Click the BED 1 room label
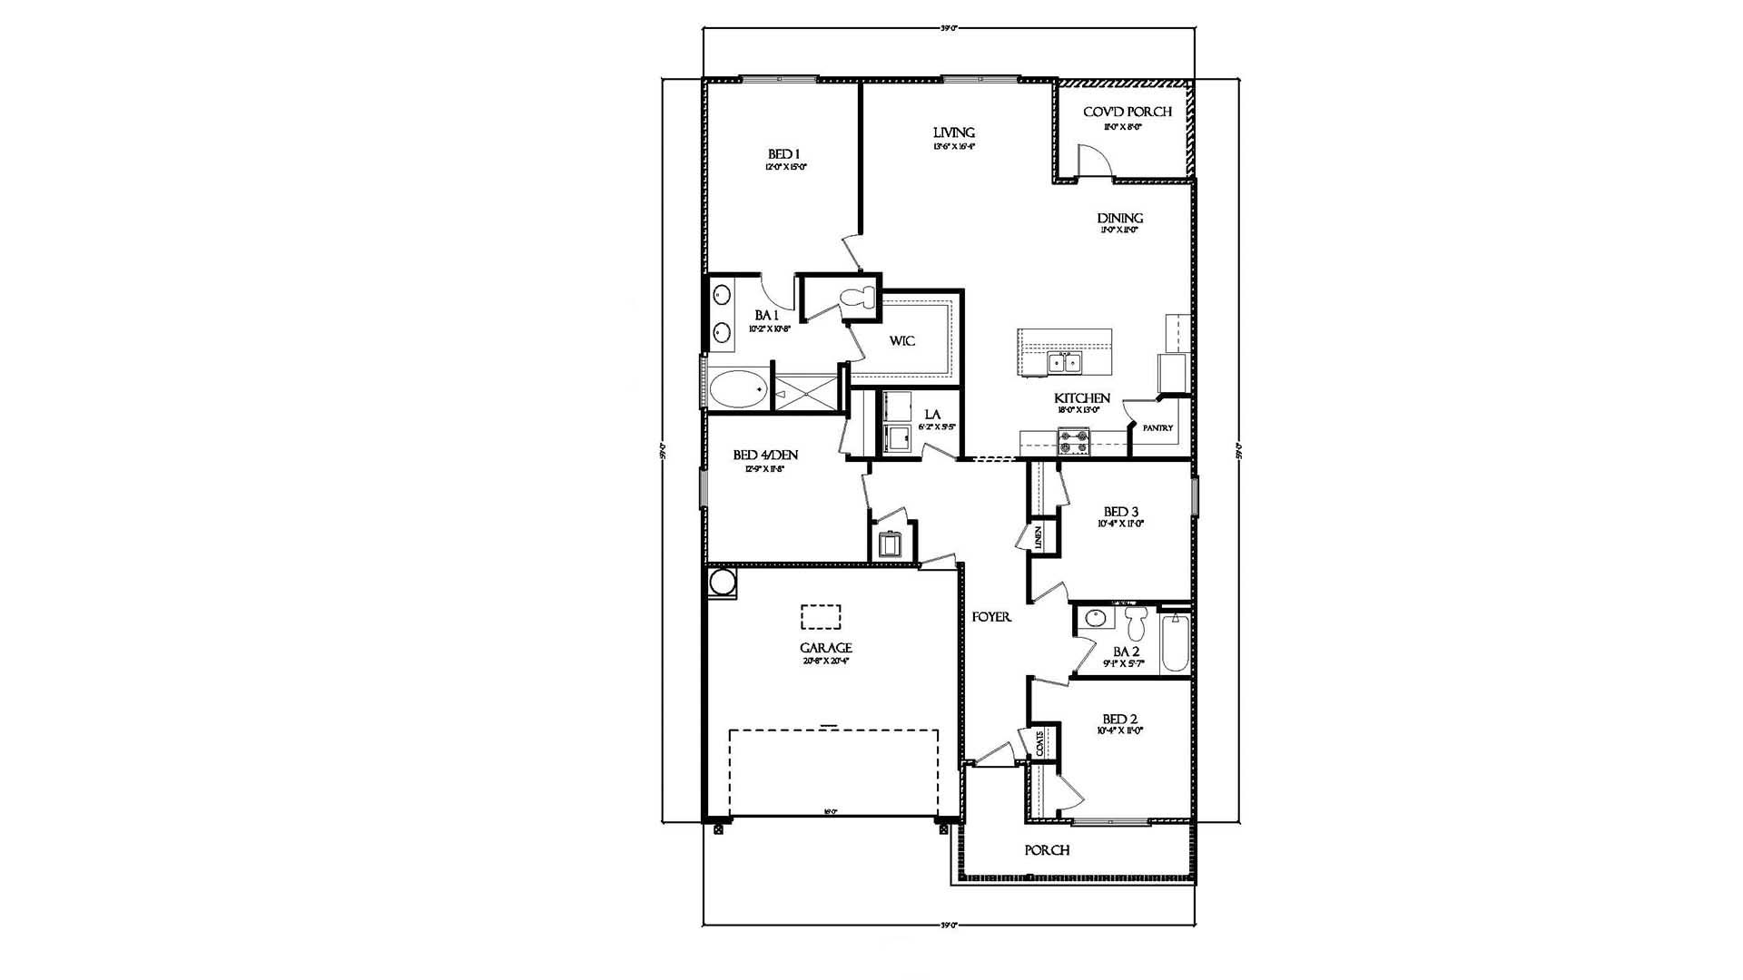[784, 154]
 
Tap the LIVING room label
[954, 132]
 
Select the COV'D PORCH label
[1127, 112]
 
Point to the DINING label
[1119, 219]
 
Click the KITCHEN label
[1081, 398]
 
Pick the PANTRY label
[1157, 428]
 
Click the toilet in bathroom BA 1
[858, 297]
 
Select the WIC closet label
[901, 341]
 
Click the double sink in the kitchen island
[1064, 362]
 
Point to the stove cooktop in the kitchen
[1072, 442]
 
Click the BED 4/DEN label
[765, 455]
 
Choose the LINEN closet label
[1038, 538]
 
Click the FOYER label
[991, 617]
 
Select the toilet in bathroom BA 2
[1136, 623]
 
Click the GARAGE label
[825, 648]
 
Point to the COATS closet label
[1039, 743]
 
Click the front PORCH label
[1047, 850]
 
